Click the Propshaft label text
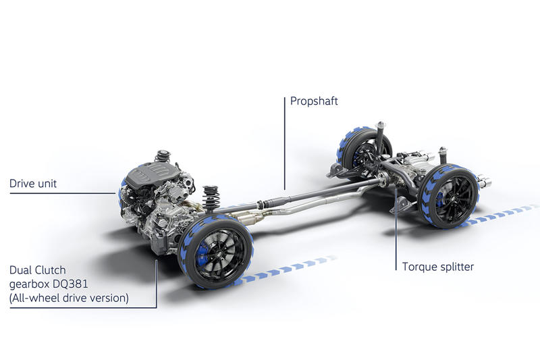[314, 101]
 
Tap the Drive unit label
[33, 183]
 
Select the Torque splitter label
[438, 267]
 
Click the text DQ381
[70, 284]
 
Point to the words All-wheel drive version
[69, 298]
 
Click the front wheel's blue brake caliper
[201, 253]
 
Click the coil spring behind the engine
[211, 198]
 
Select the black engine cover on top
[151, 175]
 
